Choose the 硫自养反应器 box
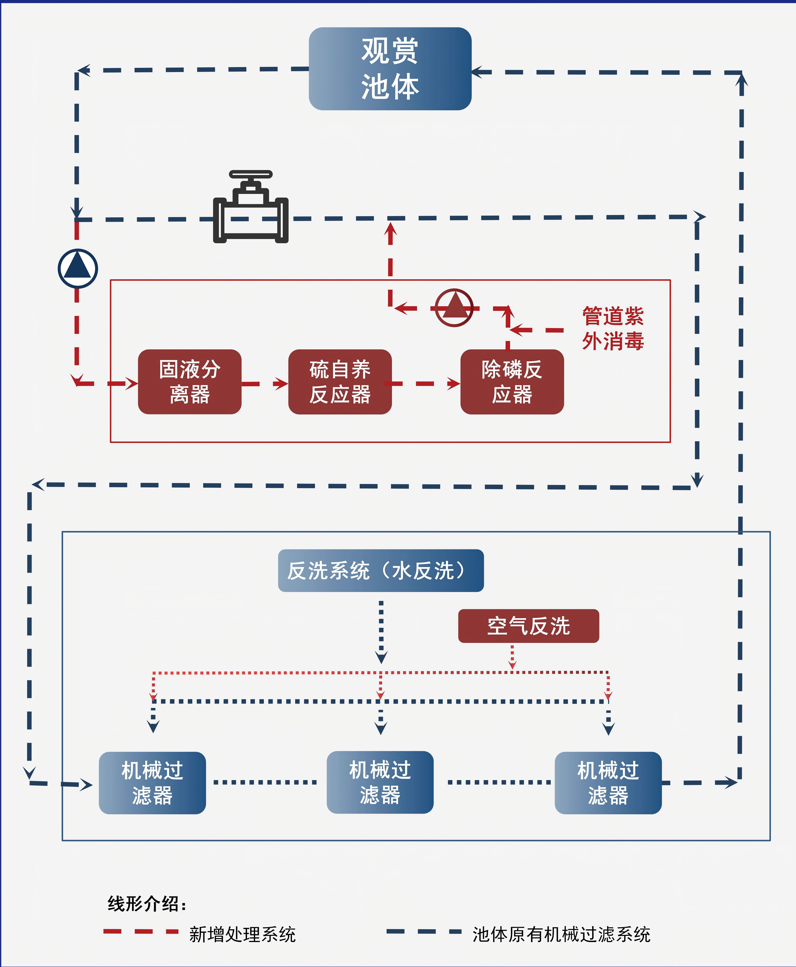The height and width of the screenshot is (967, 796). click(x=340, y=382)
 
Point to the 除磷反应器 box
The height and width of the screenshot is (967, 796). click(x=512, y=382)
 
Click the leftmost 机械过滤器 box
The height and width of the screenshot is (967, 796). click(x=152, y=782)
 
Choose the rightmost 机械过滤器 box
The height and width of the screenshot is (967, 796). click(x=608, y=782)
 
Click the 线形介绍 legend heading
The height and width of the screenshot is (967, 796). click(x=147, y=904)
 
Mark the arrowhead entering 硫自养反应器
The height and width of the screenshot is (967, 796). click(x=281, y=384)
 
